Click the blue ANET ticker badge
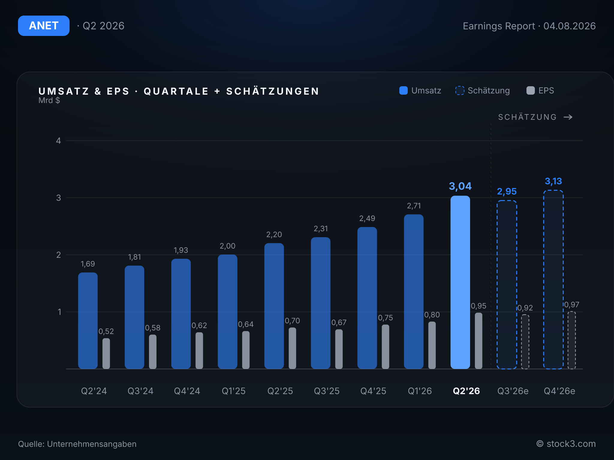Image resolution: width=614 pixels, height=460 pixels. [44, 26]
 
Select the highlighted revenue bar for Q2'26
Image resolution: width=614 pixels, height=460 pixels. [460, 282]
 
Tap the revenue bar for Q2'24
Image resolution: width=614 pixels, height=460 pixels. [88, 320]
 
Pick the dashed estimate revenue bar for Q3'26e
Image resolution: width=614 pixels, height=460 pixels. [507, 285]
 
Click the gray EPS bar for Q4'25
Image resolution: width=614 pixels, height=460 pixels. [386, 347]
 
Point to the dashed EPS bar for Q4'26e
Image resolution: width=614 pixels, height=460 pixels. [572, 340]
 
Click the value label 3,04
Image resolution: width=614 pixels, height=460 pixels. [460, 186]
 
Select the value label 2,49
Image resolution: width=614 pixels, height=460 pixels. [367, 218]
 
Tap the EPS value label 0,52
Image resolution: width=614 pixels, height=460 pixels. [106, 331]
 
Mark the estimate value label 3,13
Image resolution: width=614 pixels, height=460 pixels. [553, 181]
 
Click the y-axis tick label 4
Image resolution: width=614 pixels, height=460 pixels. [58, 141]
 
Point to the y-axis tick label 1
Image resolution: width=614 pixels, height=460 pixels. [59, 312]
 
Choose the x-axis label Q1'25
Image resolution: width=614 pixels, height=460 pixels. [234, 391]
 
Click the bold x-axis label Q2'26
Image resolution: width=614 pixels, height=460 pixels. [466, 391]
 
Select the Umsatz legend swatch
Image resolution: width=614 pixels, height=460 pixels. [404, 90]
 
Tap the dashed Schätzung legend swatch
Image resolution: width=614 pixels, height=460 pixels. [460, 90]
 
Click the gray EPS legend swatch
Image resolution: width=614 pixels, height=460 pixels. [531, 90]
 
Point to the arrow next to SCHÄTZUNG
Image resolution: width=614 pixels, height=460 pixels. [568, 117]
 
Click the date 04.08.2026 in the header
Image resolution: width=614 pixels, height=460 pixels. [570, 26]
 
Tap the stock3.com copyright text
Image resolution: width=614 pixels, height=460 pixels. [566, 444]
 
